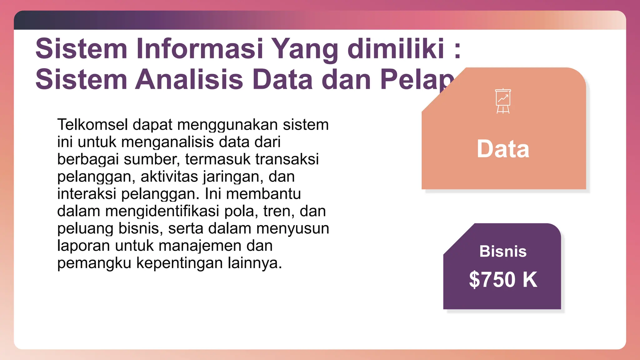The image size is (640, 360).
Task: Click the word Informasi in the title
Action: click(x=200, y=49)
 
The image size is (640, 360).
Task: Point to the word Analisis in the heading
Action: click(x=189, y=79)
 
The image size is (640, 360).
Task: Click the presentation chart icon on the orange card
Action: click(x=503, y=101)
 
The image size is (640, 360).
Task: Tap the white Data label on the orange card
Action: click(x=503, y=149)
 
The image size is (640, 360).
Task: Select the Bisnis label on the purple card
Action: click(x=503, y=252)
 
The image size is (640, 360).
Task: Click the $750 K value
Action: click(x=503, y=279)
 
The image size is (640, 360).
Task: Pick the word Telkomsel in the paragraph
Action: click(x=92, y=125)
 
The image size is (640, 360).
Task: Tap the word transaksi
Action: click(x=287, y=159)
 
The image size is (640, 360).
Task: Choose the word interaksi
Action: click(x=87, y=194)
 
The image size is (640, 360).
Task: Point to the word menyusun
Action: click(x=292, y=229)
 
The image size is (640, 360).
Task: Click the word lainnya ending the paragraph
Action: click(x=254, y=263)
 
